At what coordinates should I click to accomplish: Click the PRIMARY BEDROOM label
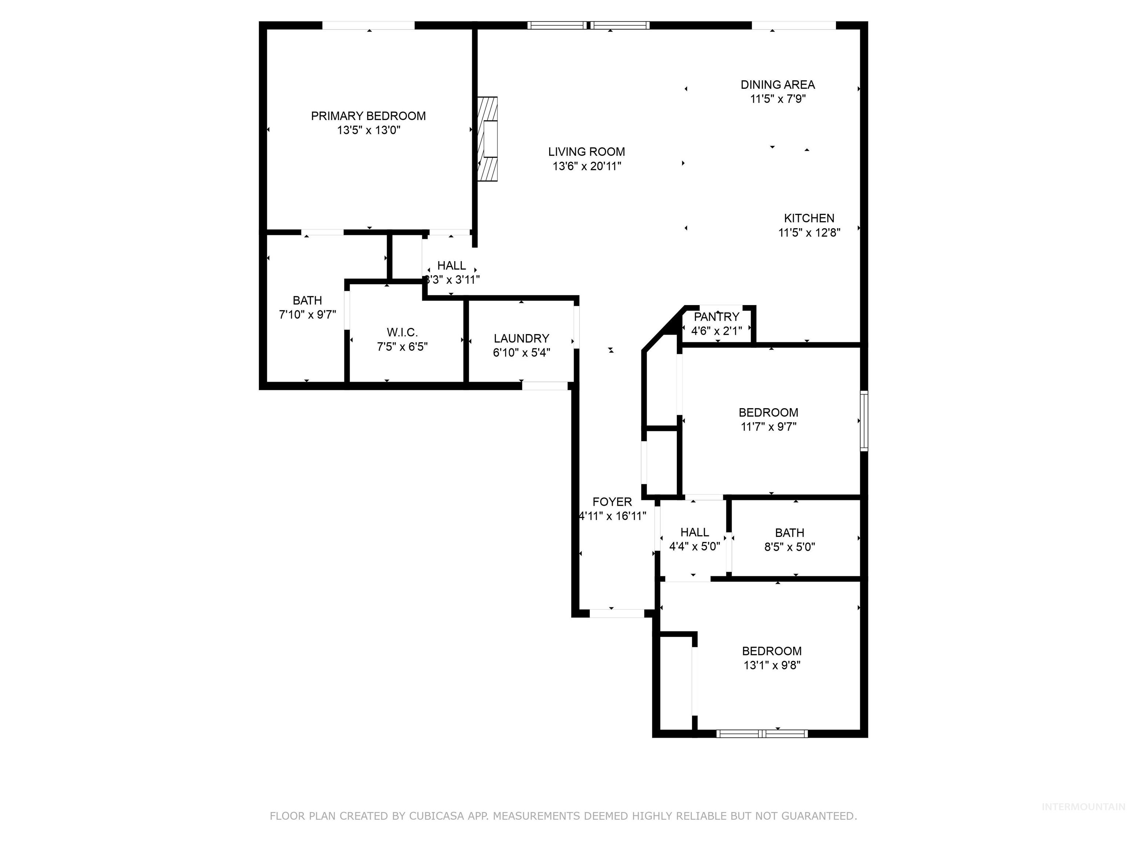click(x=368, y=116)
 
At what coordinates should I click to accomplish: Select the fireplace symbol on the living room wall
click(x=488, y=139)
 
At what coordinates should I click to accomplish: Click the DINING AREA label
click(x=777, y=85)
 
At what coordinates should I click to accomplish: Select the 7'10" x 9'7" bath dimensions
click(x=307, y=315)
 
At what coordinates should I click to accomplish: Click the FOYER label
click(x=612, y=502)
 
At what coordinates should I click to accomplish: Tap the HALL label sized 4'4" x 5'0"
click(x=694, y=532)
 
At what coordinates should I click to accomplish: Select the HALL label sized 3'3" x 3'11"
click(x=451, y=266)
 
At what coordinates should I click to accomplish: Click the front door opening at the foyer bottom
click(x=616, y=613)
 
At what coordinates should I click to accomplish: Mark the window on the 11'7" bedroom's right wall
click(x=864, y=421)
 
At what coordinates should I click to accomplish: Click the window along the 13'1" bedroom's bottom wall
click(x=762, y=734)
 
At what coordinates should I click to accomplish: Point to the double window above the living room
click(x=588, y=25)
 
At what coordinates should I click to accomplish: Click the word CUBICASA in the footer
click(x=436, y=816)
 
